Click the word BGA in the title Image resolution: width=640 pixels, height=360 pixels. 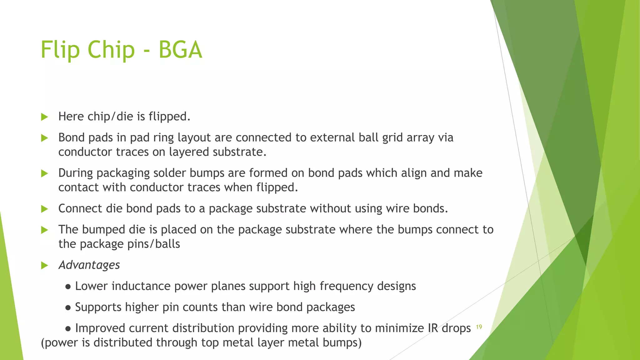(180, 50)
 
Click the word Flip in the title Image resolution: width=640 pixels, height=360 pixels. (60, 50)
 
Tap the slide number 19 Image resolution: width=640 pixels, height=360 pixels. (479, 327)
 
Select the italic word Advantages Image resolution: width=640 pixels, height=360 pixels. (89, 265)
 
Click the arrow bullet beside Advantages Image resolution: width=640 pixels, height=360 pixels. (45, 266)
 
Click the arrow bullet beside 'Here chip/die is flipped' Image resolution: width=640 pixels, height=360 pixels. (45, 117)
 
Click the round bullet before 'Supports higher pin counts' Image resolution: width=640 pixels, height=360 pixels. (68, 308)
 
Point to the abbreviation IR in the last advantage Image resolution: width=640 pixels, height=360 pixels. (433, 328)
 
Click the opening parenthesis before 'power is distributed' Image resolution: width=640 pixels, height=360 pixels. (43, 343)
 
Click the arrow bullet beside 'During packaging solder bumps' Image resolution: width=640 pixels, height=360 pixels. (45, 173)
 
